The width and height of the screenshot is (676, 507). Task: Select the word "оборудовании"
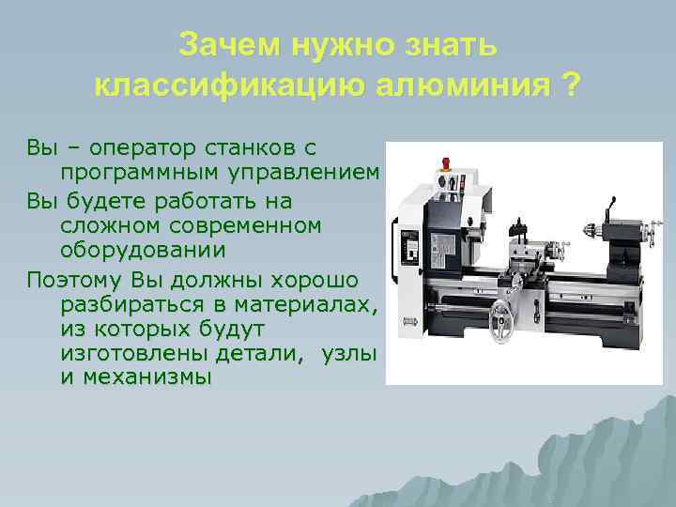pos(143,252)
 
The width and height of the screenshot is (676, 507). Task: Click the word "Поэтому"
pos(75,279)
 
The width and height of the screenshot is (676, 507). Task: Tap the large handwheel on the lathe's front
pos(510,315)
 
